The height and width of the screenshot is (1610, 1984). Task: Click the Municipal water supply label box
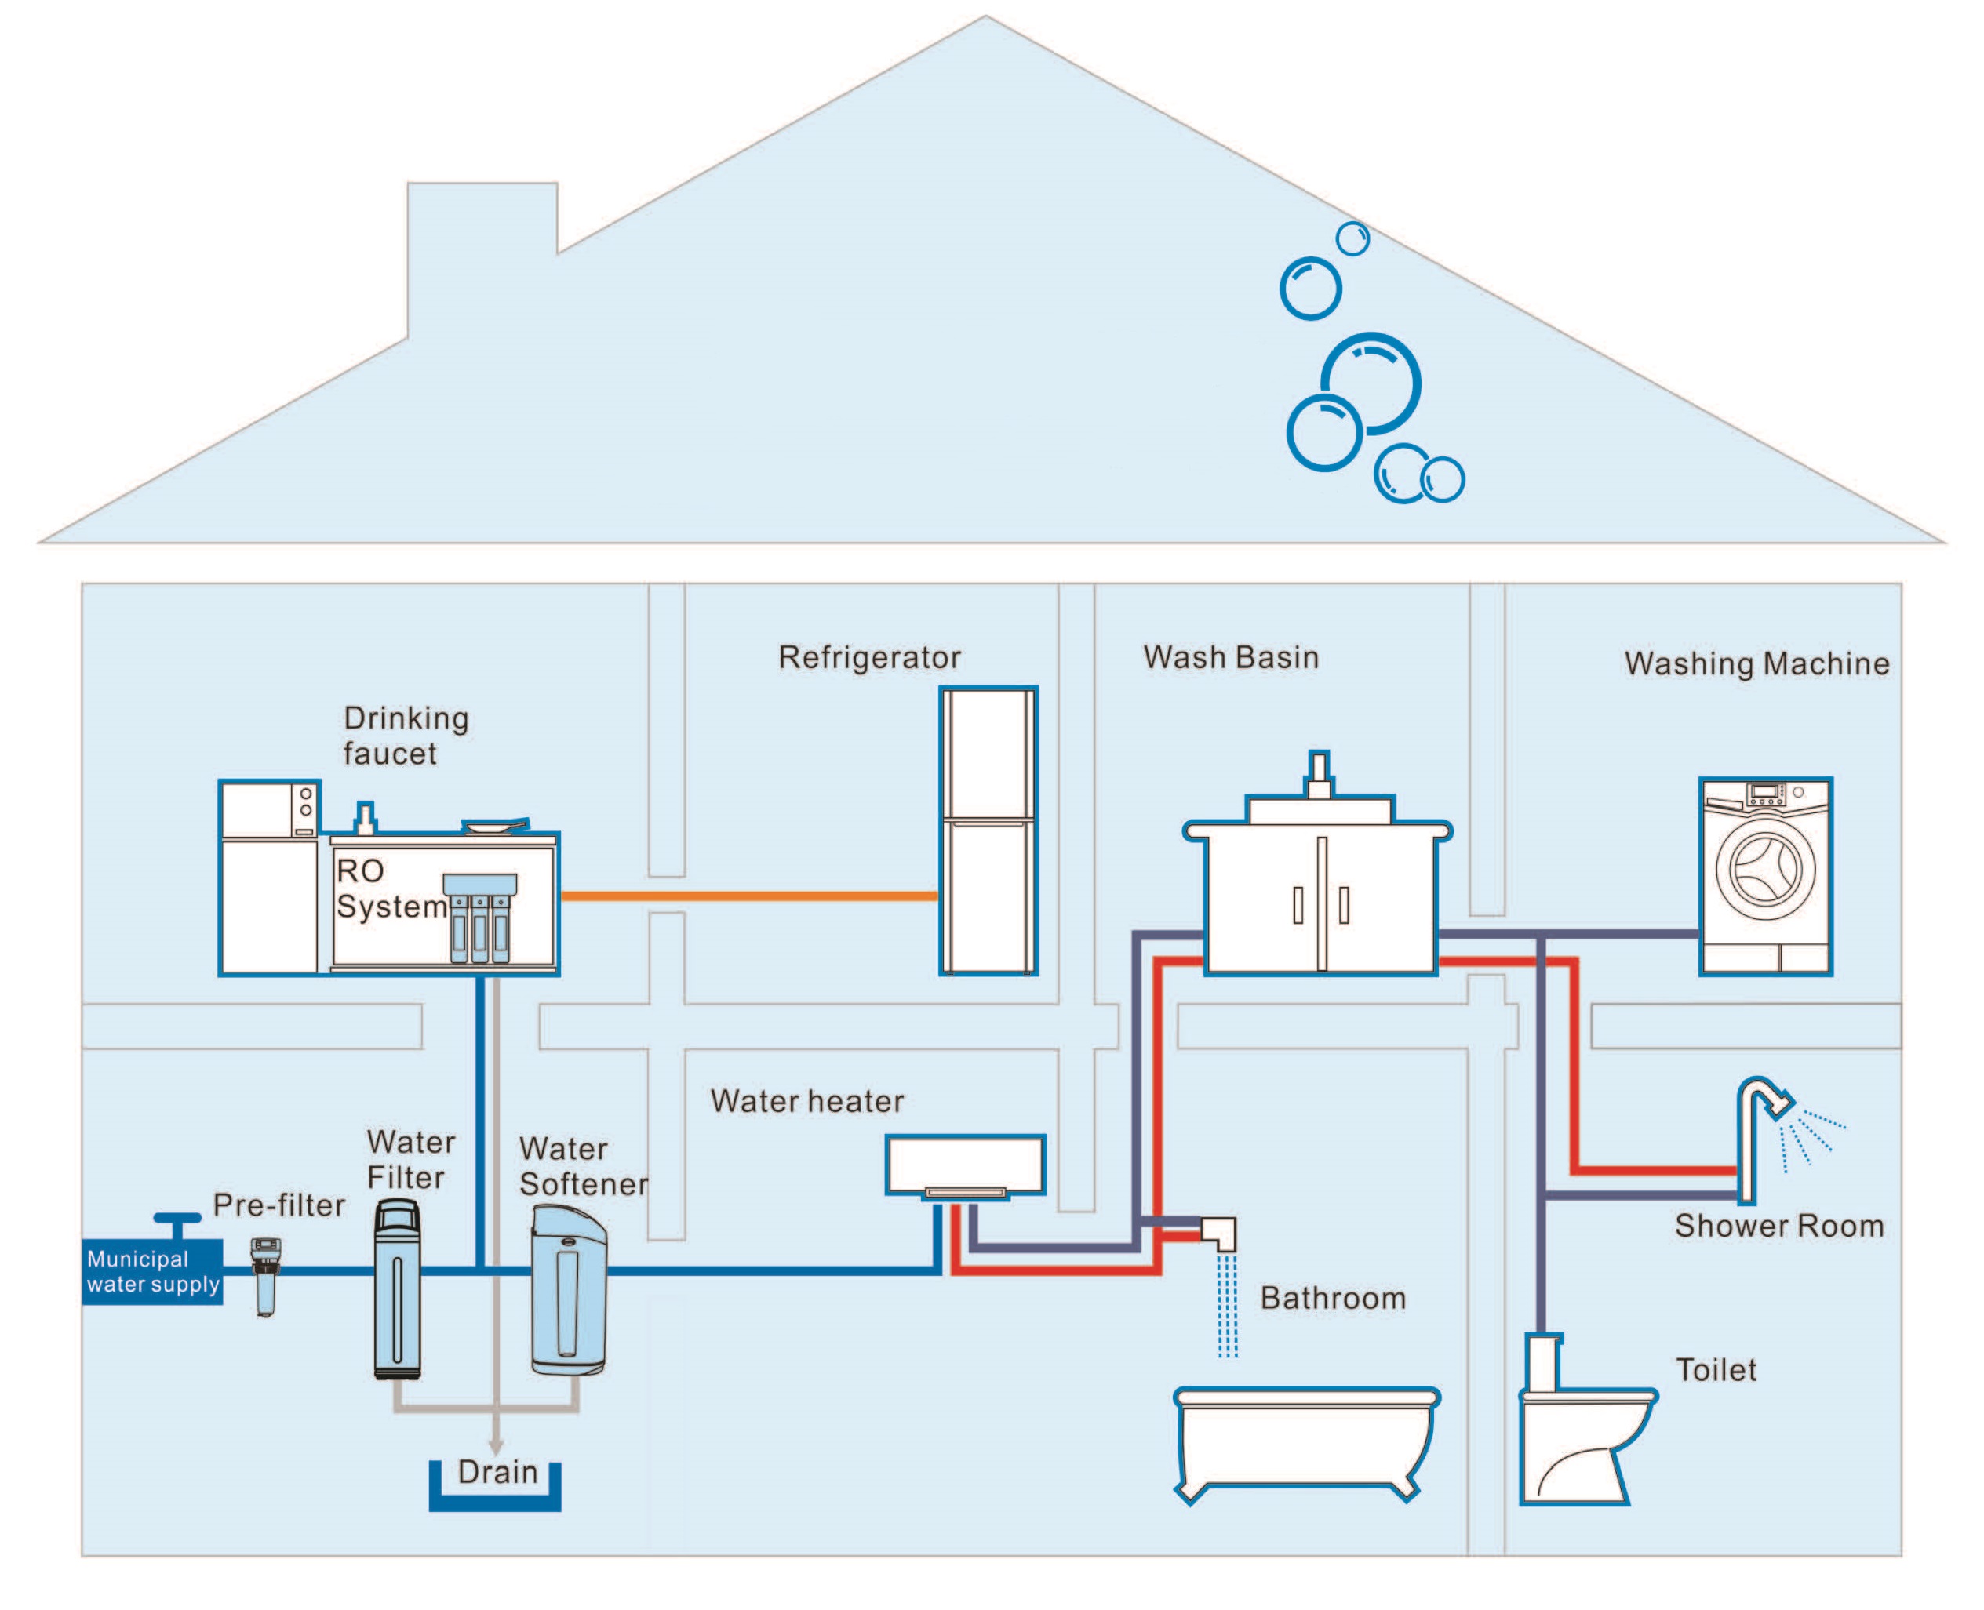(152, 1271)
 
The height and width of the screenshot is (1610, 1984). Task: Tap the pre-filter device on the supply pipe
(265, 1277)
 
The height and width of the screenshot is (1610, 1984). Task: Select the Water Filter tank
(397, 1289)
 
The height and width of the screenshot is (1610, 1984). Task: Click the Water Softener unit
(569, 1289)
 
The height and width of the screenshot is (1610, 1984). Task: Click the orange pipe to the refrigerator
(749, 896)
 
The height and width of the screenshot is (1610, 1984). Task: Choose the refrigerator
(988, 831)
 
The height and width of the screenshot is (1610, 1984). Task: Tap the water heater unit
(965, 1167)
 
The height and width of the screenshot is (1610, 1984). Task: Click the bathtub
(1306, 1443)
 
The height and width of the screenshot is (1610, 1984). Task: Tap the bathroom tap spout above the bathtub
(1219, 1234)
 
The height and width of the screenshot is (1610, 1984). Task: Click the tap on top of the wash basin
(1319, 776)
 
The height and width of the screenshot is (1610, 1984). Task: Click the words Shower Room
(1779, 1226)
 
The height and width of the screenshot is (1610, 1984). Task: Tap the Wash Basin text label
(1231, 657)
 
